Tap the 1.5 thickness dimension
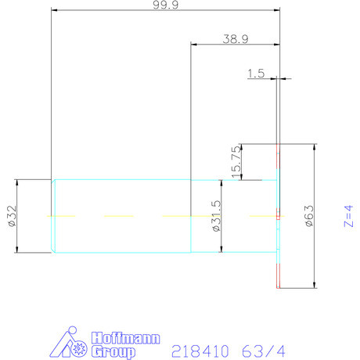point(255,74)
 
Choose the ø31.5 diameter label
point(215,217)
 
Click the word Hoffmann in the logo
point(126,339)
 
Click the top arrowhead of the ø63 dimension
point(315,146)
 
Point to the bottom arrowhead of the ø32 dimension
point(17,250)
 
